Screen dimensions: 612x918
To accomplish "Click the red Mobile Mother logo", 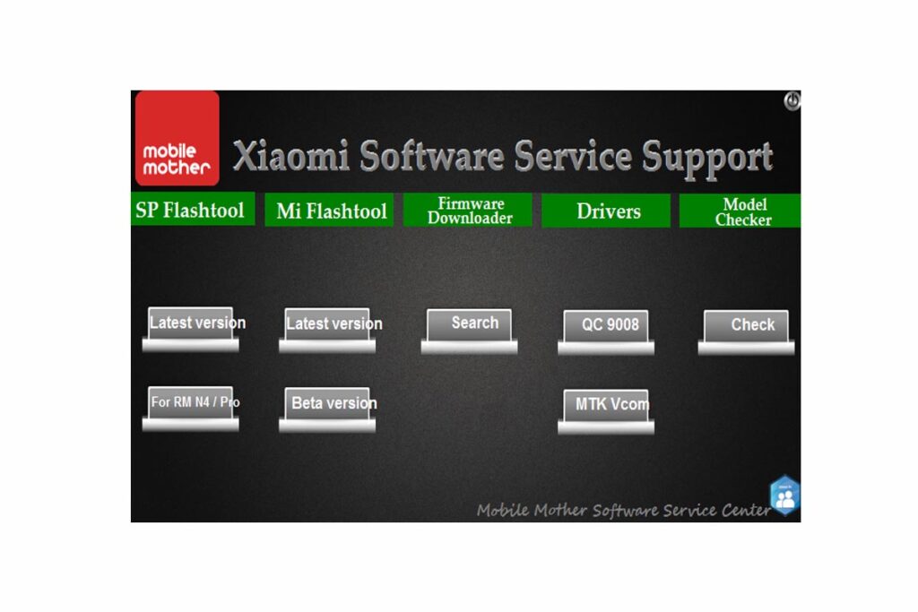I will click(177, 137).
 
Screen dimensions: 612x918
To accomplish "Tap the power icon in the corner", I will click(792, 100).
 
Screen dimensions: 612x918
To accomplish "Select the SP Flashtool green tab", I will click(191, 211).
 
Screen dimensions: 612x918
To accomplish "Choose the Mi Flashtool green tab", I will click(331, 211).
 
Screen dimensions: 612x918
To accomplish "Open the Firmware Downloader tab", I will click(469, 211).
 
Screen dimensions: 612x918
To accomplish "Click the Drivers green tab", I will click(608, 211).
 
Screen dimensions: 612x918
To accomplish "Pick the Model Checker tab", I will click(742, 211).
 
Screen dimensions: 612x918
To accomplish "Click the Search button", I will click(470, 324).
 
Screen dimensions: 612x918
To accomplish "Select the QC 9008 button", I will click(606, 326).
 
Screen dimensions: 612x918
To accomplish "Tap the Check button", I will click(746, 326).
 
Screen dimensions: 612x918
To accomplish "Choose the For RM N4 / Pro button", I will click(191, 403).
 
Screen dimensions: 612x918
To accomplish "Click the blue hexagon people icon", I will click(784, 496).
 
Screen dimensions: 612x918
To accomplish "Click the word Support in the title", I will click(707, 157).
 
